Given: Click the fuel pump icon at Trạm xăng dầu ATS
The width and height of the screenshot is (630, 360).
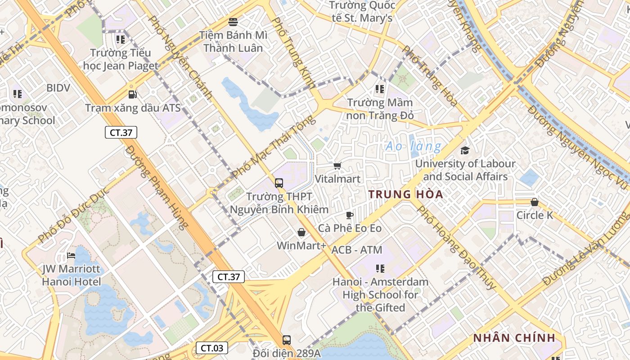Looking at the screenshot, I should pyautogui.click(x=132, y=94).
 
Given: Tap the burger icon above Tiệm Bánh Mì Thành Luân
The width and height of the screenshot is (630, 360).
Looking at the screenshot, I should pyautogui.click(x=233, y=21).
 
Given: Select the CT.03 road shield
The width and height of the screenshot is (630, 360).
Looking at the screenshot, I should pyautogui.click(x=211, y=348).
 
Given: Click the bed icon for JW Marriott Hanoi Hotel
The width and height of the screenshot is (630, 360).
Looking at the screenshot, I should pyautogui.click(x=71, y=256).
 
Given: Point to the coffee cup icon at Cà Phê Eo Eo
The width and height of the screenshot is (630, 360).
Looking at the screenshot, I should pyautogui.click(x=350, y=215).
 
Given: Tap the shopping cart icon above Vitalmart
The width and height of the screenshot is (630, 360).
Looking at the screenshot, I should pyautogui.click(x=337, y=166).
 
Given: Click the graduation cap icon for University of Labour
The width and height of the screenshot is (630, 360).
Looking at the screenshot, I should pyautogui.click(x=465, y=150).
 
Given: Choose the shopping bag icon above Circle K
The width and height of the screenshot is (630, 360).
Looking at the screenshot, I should pyautogui.click(x=535, y=202).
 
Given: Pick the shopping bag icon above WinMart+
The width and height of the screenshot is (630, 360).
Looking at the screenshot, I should pyautogui.click(x=301, y=232).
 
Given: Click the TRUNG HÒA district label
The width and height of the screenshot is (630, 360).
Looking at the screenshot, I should pyautogui.click(x=406, y=194).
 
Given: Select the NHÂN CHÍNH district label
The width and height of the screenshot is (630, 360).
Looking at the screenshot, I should pyautogui.click(x=513, y=338).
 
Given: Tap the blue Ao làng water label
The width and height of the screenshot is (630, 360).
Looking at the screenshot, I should pyautogui.click(x=414, y=146).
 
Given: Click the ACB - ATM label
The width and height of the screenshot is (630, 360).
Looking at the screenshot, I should pyautogui.click(x=357, y=250).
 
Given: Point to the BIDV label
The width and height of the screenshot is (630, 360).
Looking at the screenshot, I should pyautogui.click(x=58, y=88).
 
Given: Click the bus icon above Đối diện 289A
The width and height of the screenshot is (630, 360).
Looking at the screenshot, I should pyautogui.click(x=286, y=340).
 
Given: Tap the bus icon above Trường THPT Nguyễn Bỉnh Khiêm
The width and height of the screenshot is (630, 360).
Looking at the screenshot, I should pyautogui.click(x=279, y=183).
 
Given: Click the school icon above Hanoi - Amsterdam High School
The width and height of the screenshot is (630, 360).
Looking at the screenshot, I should pyautogui.click(x=380, y=269).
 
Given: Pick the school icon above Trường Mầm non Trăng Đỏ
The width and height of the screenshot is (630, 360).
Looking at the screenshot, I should pyautogui.click(x=380, y=89).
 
